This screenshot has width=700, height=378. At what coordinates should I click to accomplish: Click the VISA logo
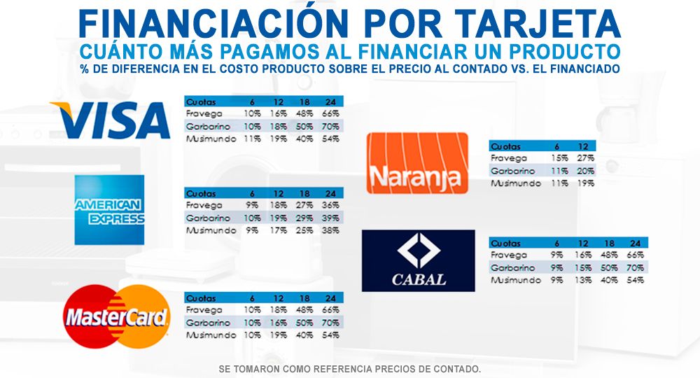point(110,120)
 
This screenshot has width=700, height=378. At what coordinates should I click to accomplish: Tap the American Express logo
point(109,210)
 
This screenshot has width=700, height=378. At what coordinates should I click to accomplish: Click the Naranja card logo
point(418,163)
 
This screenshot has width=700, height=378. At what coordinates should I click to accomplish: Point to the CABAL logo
point(418,260)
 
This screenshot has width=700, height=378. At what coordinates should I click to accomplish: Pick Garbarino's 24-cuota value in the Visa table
point(330,126)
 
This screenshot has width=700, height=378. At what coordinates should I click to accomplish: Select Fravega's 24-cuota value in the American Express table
point(330,205)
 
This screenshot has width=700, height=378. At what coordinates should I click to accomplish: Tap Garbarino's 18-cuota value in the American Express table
point(304,218)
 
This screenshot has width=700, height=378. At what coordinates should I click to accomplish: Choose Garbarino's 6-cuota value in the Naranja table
point(557,171)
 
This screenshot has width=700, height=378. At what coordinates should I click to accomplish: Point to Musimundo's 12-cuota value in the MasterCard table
point(278,335)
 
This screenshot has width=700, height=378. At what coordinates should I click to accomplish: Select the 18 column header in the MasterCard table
point(304,298)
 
